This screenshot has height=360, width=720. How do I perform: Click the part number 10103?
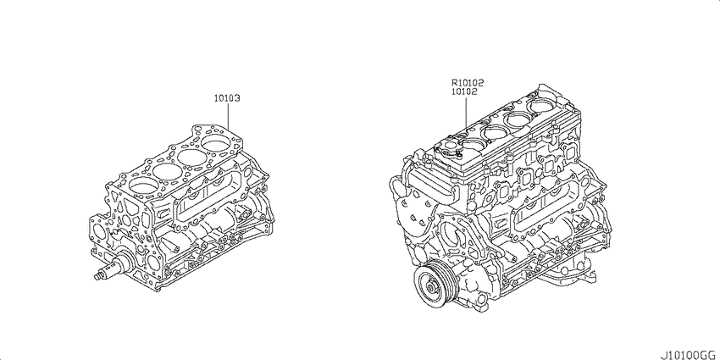click(228, 98)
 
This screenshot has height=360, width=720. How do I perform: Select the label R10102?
click(468, 83)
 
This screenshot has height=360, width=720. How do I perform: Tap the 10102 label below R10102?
click(464, 91)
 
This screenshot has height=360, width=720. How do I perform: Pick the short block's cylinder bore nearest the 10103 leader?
click(216, 142)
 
